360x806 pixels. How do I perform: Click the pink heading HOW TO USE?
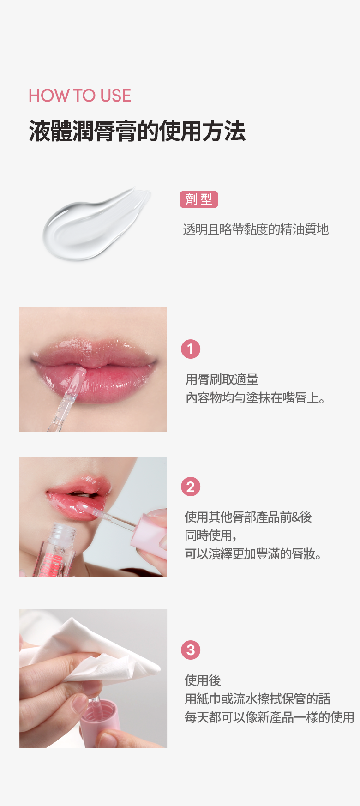(x=80, y=96)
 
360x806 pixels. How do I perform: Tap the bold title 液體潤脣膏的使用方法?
(x=137, y=131)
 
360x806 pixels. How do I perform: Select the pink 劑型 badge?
(x=198, y=199)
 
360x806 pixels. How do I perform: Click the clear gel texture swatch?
(x=96, y=224)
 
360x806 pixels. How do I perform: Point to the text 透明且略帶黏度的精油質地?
(x=256, y=229)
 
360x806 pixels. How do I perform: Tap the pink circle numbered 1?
(x=191, y=349)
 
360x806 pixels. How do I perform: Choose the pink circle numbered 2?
(x=191, y=487)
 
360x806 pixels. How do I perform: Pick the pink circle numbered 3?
(x=191, y=650)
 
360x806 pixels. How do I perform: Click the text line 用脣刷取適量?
(x=222, y=379)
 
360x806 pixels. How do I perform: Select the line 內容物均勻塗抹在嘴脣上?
(x=256, y=398)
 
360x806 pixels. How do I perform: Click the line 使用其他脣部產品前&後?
(x=248, y=517)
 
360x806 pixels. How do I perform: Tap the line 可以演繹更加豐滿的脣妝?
(x=253, y=554)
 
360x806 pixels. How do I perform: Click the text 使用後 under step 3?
(x=203, y=680)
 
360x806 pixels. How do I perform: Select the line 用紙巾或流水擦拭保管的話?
(x=258, y=699)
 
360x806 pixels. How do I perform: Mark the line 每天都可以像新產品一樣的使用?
(x=270, y=717)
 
